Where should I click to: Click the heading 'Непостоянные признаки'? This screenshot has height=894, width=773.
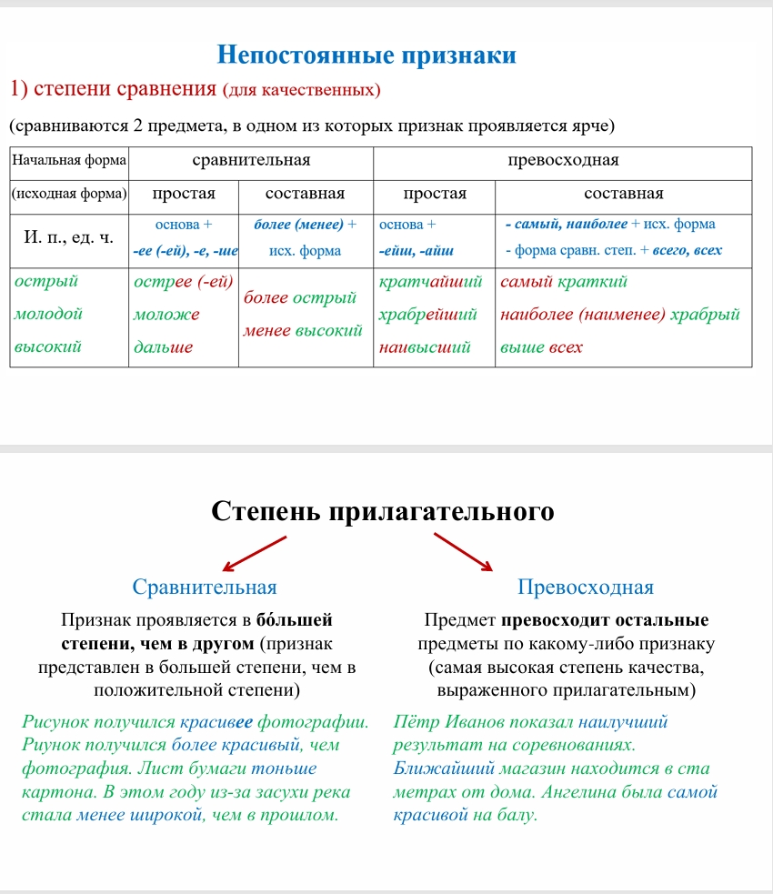(367, 55)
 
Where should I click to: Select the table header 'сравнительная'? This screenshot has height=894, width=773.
(251, 161)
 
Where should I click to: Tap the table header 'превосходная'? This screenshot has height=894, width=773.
(562, 161)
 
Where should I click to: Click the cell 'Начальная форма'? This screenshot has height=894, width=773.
(68, 161)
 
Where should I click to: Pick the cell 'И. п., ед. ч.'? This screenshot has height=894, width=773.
(69, 237)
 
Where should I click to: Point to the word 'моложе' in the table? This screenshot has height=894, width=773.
(166, 315)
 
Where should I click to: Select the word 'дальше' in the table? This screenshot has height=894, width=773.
(164, 347)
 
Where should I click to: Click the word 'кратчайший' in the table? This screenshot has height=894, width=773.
(430, 282)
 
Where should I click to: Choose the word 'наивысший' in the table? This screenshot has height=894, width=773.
(425, 347)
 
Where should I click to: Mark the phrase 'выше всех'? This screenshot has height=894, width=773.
(542, 347)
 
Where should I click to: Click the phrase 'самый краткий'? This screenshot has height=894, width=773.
(564, 282)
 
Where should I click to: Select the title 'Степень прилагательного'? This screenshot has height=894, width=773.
(382, 511)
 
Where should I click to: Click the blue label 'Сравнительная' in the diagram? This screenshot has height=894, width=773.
(205, 587)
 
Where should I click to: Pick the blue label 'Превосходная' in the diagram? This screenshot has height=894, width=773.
(585, 587)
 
